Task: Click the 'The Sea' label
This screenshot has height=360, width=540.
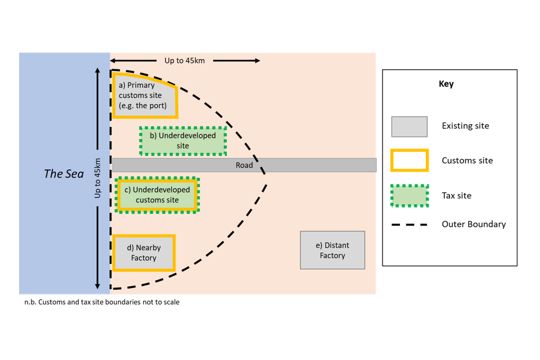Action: tap(64, 174)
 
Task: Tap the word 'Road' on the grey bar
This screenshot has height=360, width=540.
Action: tap(244, 165)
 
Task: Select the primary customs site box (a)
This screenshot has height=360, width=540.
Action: tap(144, 96)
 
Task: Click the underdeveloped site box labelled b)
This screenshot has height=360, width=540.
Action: tap(183, 141)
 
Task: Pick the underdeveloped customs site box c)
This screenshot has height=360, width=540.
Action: tap(157, 195)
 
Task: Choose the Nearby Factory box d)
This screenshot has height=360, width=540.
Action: tap(144, 253)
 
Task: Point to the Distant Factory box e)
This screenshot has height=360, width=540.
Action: tap(332, 250)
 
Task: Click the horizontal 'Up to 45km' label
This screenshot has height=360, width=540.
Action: tap(184, 60)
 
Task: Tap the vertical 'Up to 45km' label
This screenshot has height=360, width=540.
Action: tap(97, 178)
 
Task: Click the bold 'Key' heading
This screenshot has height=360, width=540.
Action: tap(446, 84)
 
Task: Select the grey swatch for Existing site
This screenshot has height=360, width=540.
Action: tap(409, 127)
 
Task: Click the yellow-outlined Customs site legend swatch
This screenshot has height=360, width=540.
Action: tap(409, 160)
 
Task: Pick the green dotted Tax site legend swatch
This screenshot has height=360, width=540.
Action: tap(409, 196)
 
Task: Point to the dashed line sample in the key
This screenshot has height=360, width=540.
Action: tap(409, 224)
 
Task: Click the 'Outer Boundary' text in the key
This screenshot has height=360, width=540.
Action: tap(474, 224)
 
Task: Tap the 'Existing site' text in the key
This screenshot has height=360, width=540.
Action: tap(465, 126)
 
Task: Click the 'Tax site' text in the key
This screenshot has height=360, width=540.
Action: tap(456, 196)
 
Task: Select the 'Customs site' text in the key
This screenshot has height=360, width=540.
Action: tap(467, 161)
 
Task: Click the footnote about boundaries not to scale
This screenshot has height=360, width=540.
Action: tap(102, 302)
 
